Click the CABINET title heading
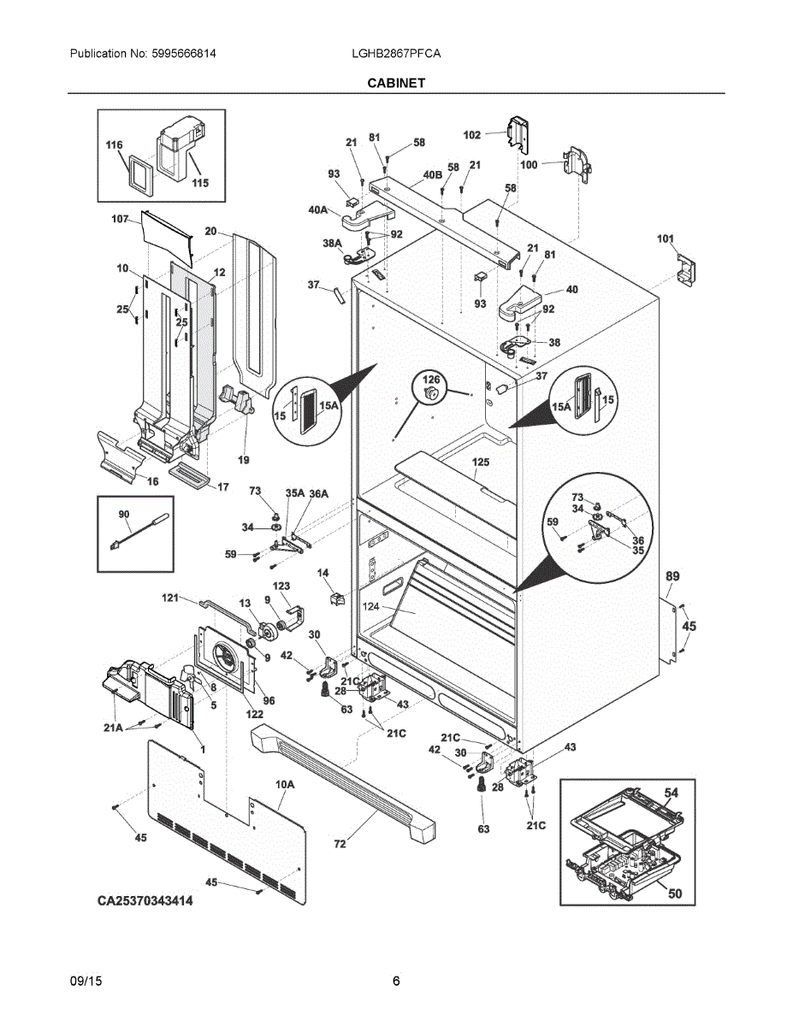point(396,83)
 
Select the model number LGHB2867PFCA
point(396,54)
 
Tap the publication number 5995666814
point(184,54)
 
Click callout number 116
point(114,145)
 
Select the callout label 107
point(120,219)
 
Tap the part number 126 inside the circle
point(431,379)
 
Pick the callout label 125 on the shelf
point(481,462)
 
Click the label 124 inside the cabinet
point(371,606)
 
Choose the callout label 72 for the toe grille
point(340,844)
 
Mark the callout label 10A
point(285,784)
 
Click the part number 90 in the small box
point(124,514)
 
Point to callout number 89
point(672,576)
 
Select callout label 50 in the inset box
point(675,893)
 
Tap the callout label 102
point(472,135)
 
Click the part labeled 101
point(687,270)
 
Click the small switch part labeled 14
point(338,598)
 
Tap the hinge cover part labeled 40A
point(369,215)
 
